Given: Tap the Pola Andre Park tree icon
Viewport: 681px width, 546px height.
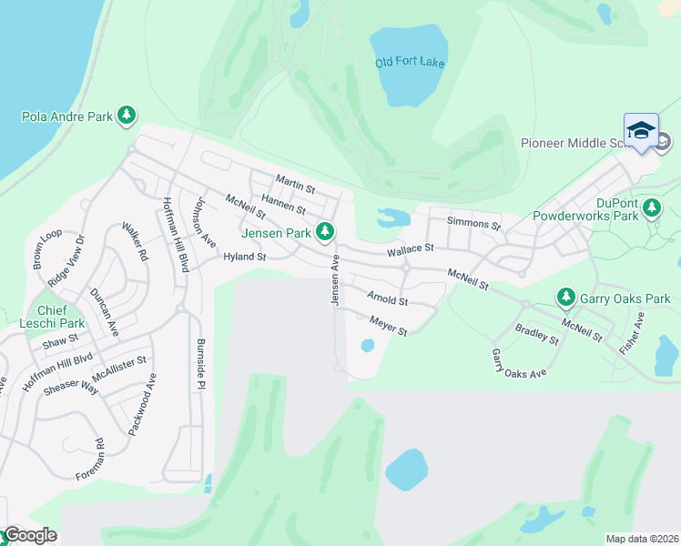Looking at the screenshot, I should [x=128, y=116].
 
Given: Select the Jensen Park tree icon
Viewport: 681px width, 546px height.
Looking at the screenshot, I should [x=324, y=232].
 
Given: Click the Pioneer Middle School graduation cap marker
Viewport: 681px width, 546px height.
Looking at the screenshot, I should [x=641, y=130].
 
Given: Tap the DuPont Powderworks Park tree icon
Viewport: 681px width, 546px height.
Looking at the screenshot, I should [x=651, y=209].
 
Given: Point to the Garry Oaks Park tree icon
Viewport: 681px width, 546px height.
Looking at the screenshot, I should [x=565, y=298].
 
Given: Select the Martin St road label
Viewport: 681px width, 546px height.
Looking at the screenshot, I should [x=295, y=185].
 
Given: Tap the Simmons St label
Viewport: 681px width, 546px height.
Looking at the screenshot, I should [x=473, y=223].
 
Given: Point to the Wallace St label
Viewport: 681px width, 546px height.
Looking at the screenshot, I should [x=410, y=248].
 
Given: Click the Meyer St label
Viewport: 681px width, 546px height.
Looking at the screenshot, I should [x=388, y=325].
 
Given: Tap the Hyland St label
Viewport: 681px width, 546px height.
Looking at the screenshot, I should [x=244, y=258].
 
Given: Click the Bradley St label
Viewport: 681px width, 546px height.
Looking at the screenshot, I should [x=536, y=334].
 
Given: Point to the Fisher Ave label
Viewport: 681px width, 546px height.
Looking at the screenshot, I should [x=638, y=333].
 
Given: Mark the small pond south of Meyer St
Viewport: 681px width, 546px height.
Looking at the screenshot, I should [x=367, y=346].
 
